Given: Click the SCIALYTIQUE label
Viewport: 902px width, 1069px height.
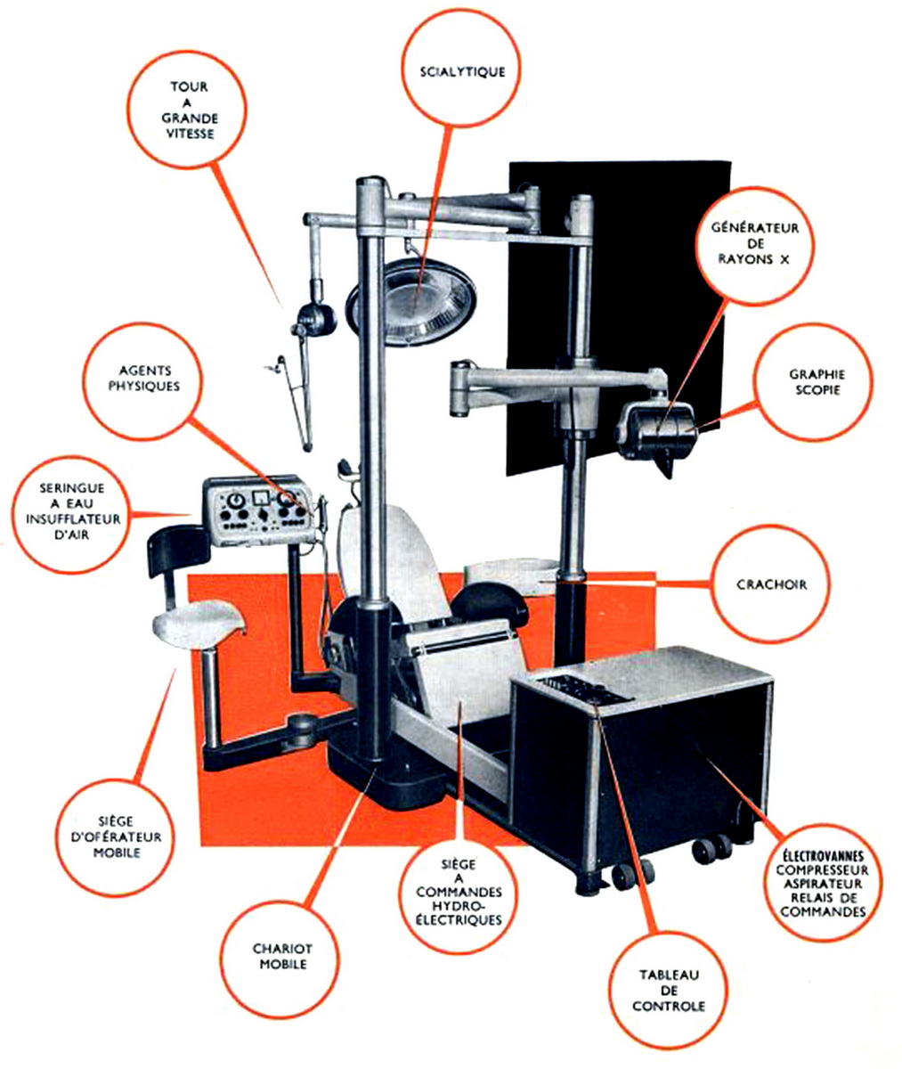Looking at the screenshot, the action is (462, 72).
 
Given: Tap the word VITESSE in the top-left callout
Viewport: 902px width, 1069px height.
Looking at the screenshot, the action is (190, 135).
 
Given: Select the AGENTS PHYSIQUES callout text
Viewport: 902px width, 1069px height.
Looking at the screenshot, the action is (144, 379).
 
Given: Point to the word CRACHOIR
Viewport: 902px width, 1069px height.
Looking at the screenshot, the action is (771, 584).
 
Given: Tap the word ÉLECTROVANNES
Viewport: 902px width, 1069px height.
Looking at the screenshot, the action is (823, 855).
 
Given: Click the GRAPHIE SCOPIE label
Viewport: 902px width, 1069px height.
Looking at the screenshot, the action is (817, 382).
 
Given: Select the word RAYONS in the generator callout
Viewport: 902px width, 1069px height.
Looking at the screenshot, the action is (745, 259).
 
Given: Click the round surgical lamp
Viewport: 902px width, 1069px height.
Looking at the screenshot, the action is (411, 302).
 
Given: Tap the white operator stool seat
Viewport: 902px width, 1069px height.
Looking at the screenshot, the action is (200, 624).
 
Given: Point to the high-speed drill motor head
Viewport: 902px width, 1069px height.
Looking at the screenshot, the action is (313, 320).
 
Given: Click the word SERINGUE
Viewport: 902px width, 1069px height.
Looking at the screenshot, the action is (72, 488).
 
